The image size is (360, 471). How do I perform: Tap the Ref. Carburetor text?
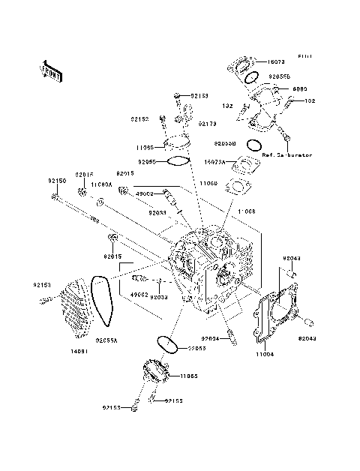pyautogui.click(x=286, y=156)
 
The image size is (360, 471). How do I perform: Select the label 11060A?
pyautogui.click(x=101, y=184)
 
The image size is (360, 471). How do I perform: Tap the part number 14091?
pyautogui.click(x=81, y=351)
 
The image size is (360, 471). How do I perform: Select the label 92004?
pyautogui.click(x=211, y=338)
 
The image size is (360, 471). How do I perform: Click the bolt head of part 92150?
pyautogui.click(x=55, y=197)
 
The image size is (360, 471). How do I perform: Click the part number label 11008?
pyautogui.click(x=247, y=212)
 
